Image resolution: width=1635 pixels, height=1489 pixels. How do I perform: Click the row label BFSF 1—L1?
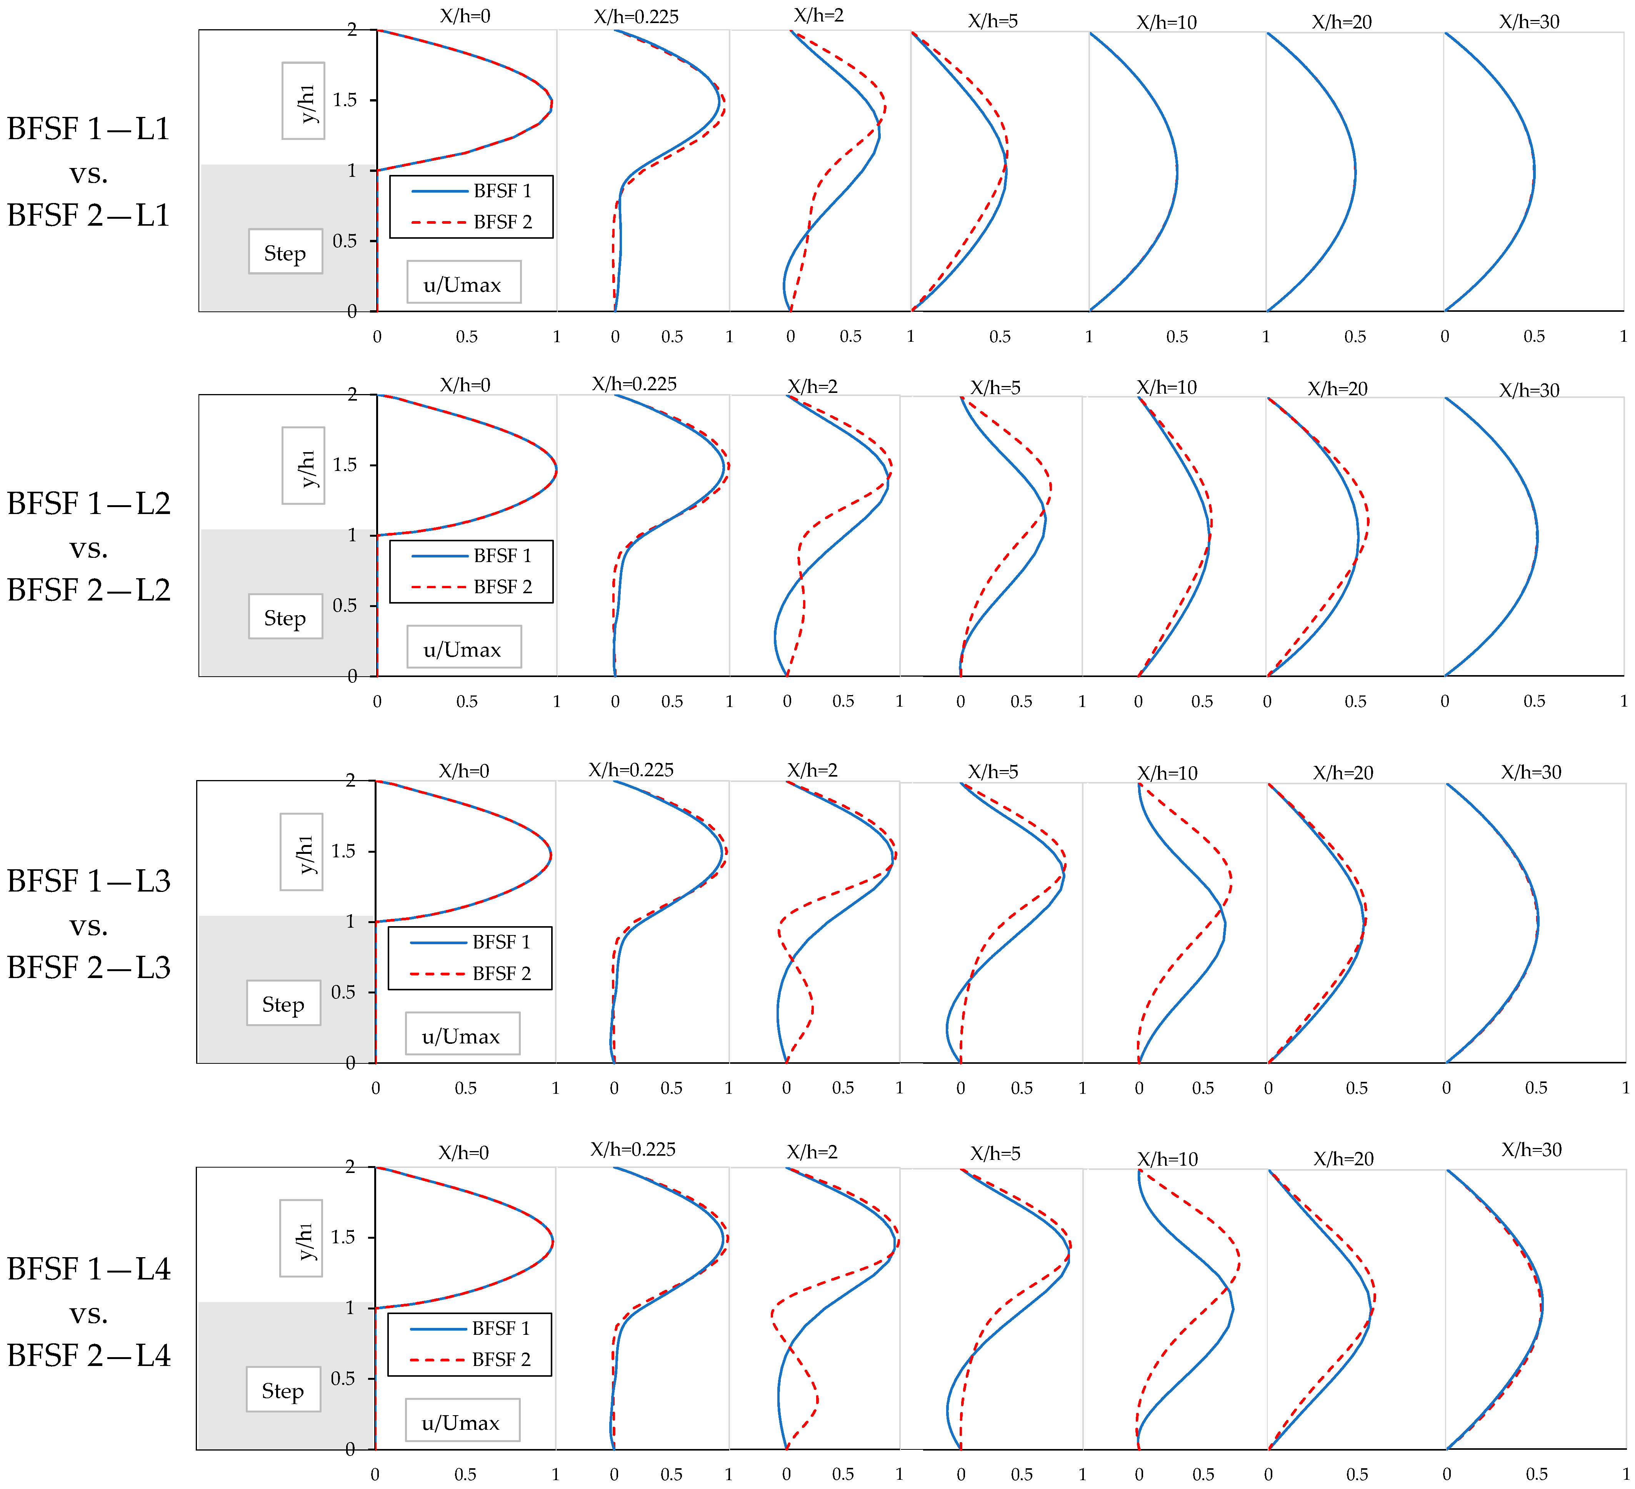[88, 129]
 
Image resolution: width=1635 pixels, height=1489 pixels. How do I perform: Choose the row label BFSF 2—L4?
[88, 1355]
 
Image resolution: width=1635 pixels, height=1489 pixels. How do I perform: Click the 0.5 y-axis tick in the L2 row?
[345, 606]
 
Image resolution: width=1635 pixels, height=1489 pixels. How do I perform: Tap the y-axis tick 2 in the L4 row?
[350, 1167]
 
